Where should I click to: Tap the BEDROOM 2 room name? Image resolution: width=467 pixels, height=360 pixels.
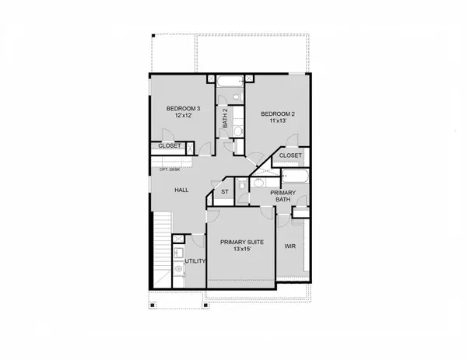(276, 113)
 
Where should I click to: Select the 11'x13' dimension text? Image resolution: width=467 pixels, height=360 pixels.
(276, 122)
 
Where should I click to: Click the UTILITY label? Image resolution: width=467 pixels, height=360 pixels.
(195, 261)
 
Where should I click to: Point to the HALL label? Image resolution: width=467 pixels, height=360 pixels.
(181, 190)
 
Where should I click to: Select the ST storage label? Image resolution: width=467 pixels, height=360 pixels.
(224, 191)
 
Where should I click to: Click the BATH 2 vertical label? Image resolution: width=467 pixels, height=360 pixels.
(225, 117)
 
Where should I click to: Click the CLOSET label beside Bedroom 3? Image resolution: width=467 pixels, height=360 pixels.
(170, 145)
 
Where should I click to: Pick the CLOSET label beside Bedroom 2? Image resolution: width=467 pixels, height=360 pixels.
(290, 156)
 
